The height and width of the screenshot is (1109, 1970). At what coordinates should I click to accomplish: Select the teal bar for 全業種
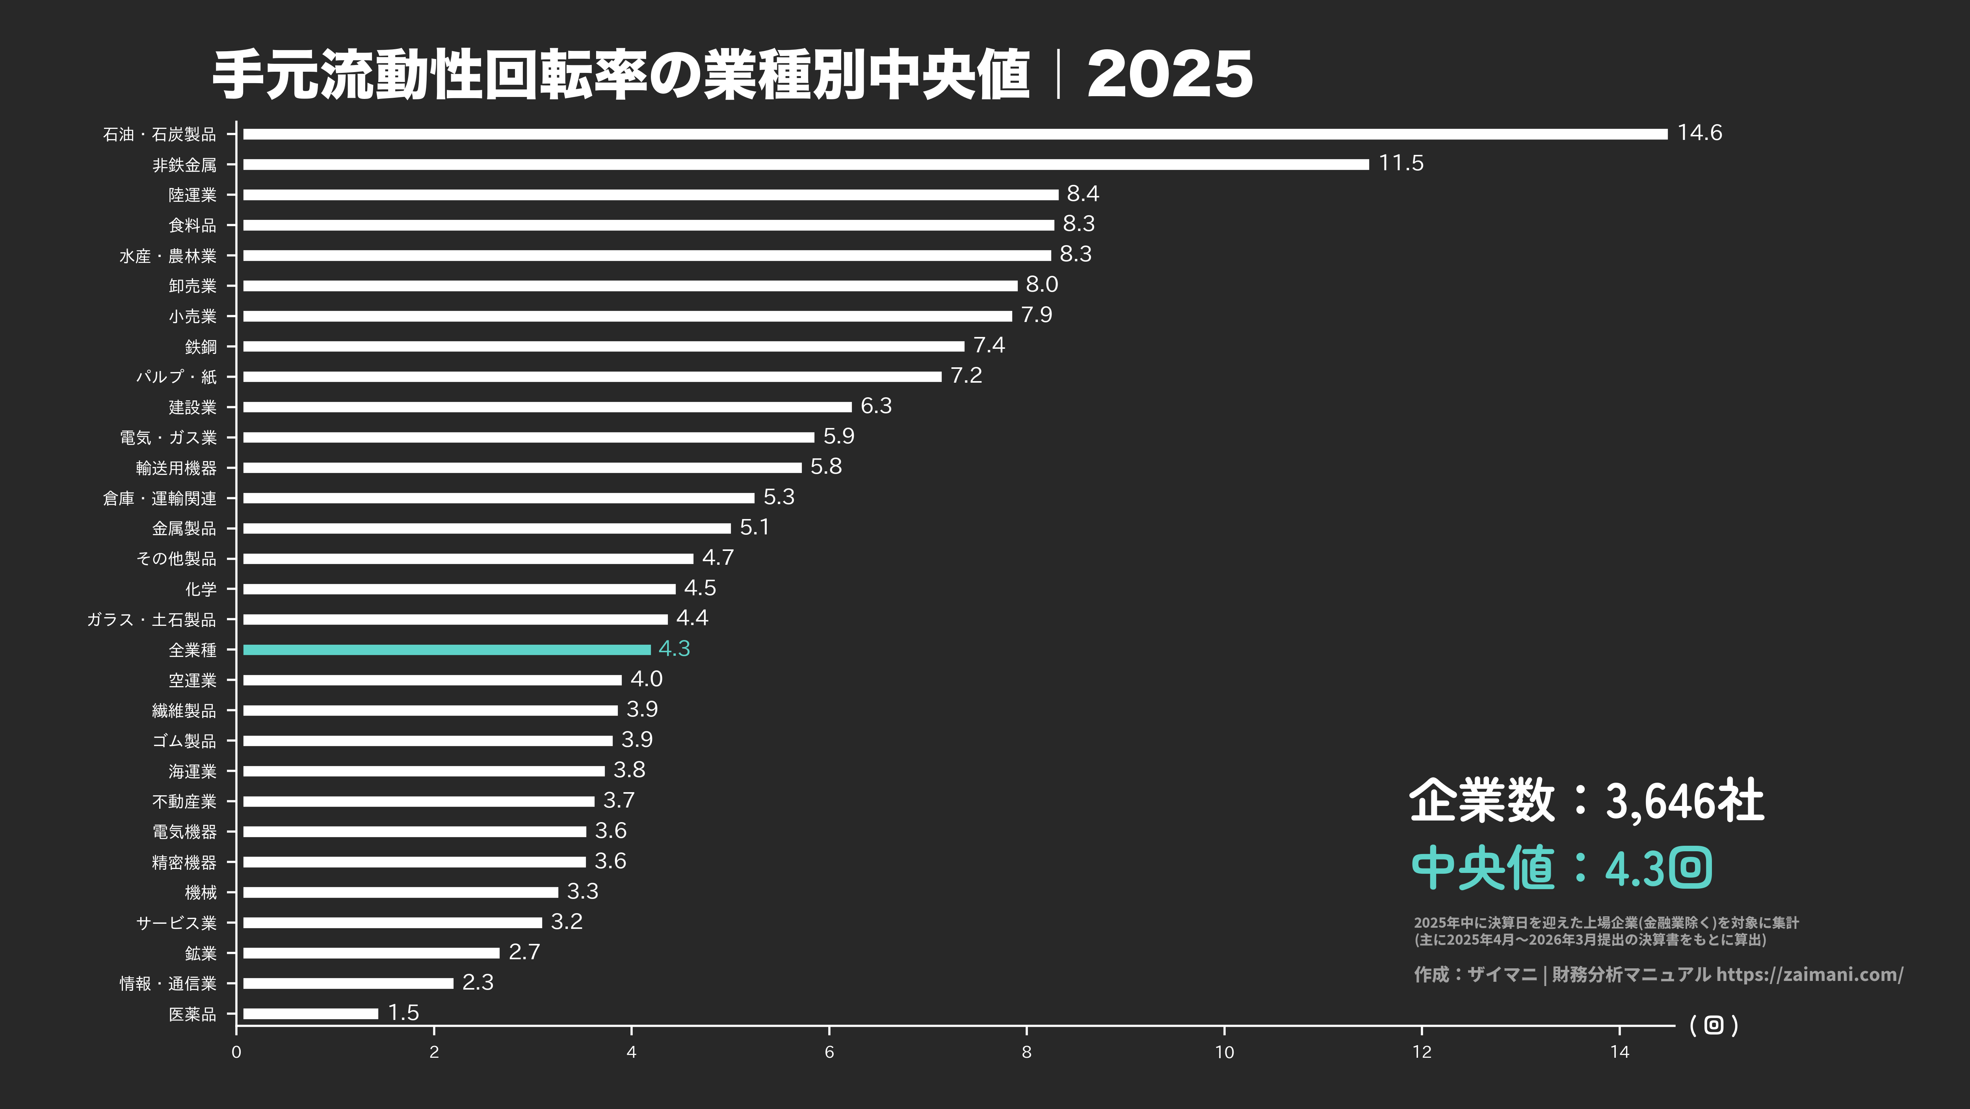447,649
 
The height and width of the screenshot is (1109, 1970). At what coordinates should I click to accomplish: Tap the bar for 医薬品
310,1013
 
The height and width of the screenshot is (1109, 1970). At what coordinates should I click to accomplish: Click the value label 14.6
1699,133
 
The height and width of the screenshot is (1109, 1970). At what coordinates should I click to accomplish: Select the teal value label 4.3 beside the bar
674,649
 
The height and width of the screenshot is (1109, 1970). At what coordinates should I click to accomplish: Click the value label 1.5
403,1012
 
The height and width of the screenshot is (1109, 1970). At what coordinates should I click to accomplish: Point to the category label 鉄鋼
201,346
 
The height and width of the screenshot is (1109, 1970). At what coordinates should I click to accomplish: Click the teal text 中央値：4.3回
1560,868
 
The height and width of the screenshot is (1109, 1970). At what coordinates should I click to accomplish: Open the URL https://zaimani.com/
1809,974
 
